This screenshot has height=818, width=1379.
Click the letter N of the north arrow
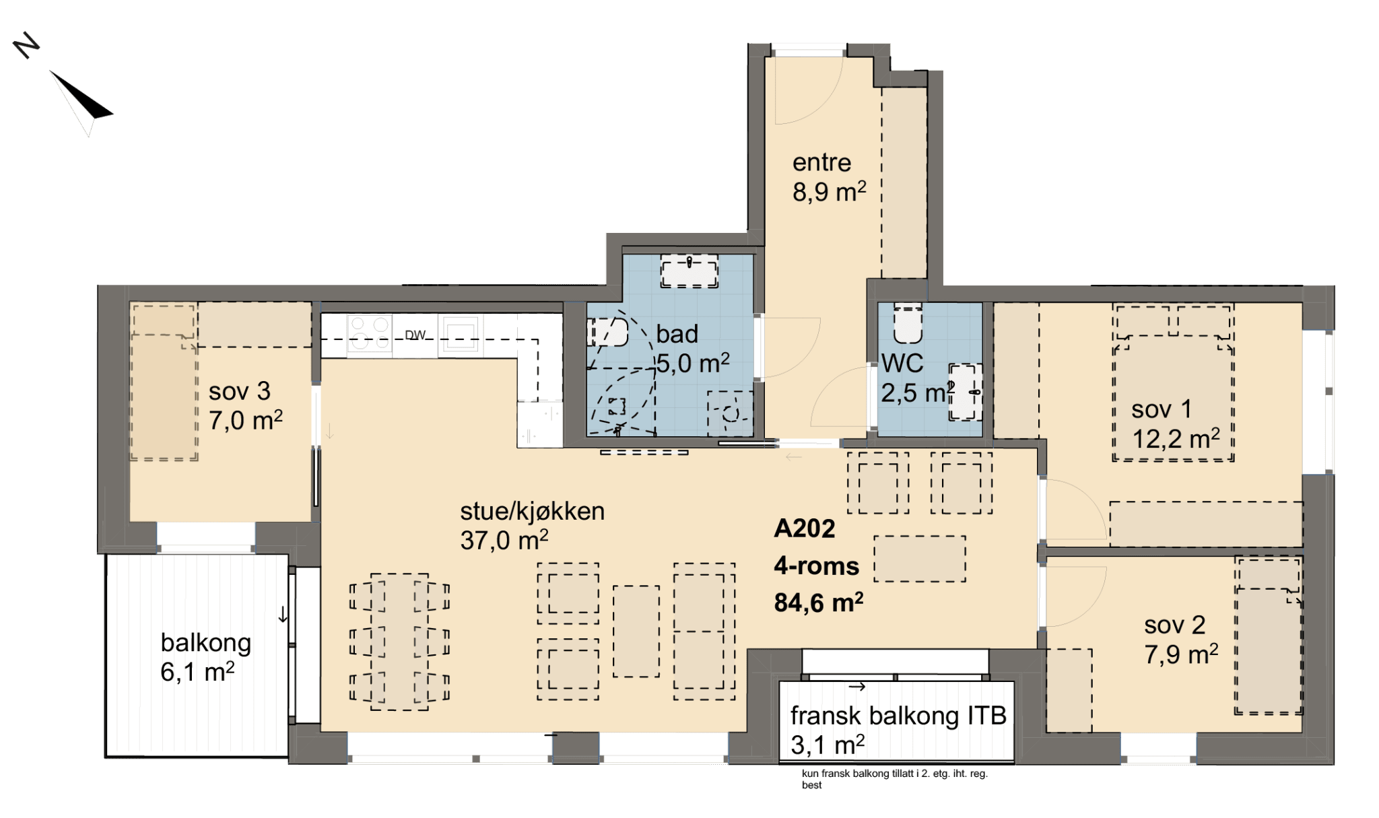click(26, 45)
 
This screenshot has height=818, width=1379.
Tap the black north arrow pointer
click(84, 98)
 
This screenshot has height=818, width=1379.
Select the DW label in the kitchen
click(415, 335)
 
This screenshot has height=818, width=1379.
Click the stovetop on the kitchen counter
click(370, 334)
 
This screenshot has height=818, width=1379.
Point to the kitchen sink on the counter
click(461, 334)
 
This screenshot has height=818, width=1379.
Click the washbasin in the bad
click(689, 271)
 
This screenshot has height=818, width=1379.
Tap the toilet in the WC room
click(907, 322)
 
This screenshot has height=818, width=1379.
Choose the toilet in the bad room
click(608, 333)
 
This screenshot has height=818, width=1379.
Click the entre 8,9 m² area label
click(829, 177)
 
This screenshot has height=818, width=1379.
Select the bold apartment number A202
click(805, 529)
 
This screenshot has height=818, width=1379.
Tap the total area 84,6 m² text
click(819, 603)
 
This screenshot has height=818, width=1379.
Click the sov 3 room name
click(240, 391)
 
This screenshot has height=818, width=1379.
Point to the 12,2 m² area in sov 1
click(1176, 439)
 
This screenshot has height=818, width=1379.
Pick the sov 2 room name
click(1175, 625)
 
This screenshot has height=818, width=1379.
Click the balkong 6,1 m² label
click(205, 656)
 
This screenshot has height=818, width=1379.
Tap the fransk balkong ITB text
click(898, 716)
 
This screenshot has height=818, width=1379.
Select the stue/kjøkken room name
click(532, 511)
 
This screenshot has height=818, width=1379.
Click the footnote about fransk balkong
click(895, 779)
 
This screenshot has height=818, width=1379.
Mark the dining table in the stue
click(399, 642)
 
